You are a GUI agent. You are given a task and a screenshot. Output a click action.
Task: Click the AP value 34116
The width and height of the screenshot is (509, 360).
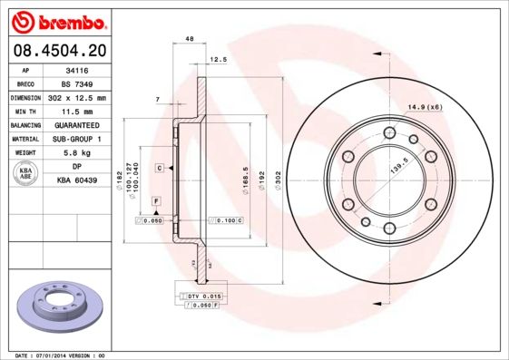click(x=76, y=69)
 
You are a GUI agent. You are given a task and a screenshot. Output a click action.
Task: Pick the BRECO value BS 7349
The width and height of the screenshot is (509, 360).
click(x=76, y=83)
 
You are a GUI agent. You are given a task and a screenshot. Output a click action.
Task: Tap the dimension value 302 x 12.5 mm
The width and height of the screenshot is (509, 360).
click(x=77, y=97)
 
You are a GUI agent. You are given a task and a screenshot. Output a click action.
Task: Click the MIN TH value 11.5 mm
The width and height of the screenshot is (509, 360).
click(x=77, y=111)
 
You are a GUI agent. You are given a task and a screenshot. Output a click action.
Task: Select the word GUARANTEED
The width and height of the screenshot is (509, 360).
click(x=77, y=125)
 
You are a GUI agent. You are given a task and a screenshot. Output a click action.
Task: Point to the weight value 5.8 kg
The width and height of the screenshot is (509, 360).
click(x=77, y=153)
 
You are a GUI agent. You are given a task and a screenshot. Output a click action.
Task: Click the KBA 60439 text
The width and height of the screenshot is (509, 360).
click(x=77, y=181)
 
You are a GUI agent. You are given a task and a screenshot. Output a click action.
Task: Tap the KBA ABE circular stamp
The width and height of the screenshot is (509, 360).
click(x=26, y=174)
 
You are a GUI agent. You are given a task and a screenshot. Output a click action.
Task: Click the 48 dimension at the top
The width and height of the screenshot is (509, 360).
click(x=189, y=39)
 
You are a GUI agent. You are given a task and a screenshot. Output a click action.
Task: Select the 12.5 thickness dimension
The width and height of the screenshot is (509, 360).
click(x=218, y=60)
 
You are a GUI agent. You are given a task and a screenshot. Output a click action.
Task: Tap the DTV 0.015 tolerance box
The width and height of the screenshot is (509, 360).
click(x=202, y=297)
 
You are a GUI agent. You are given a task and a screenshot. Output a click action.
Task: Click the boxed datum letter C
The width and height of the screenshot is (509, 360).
click(x=159, y=169)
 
